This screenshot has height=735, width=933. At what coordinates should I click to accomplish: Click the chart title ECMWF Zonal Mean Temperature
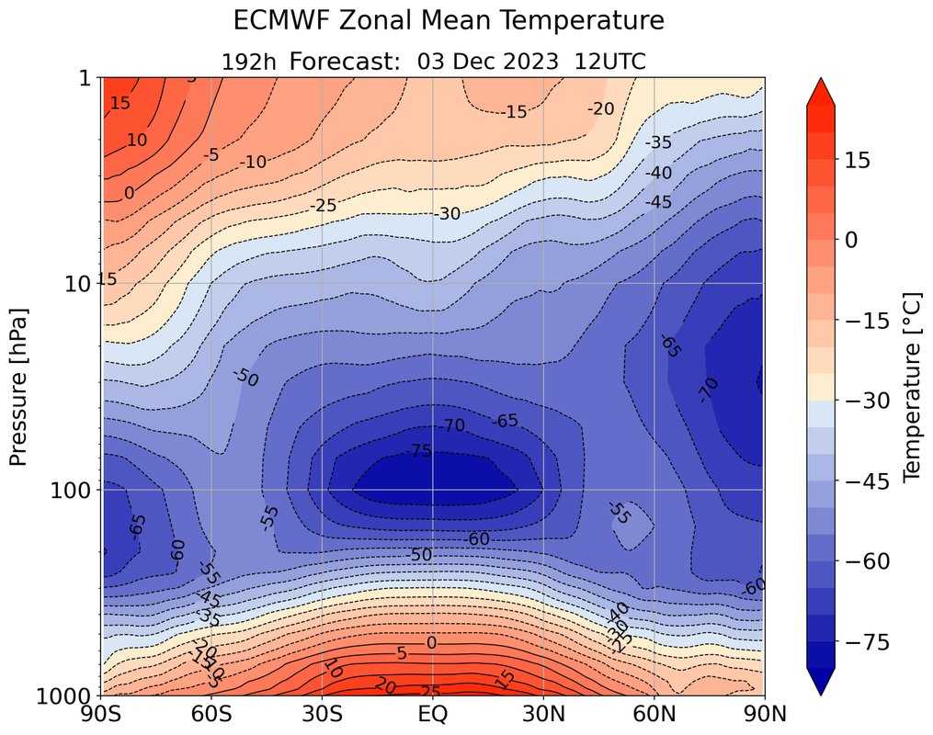[x=448, y=20]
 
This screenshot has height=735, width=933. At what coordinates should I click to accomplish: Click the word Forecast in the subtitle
[x=347, y=62]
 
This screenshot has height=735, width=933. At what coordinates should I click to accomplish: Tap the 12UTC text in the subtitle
[x=610, y=62]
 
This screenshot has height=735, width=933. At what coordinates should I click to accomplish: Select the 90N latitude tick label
[x=764, y=713]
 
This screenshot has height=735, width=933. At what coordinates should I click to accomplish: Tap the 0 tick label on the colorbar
[x=851, y=239]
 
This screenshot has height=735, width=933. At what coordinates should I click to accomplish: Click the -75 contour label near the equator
[x=420, y=450]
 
